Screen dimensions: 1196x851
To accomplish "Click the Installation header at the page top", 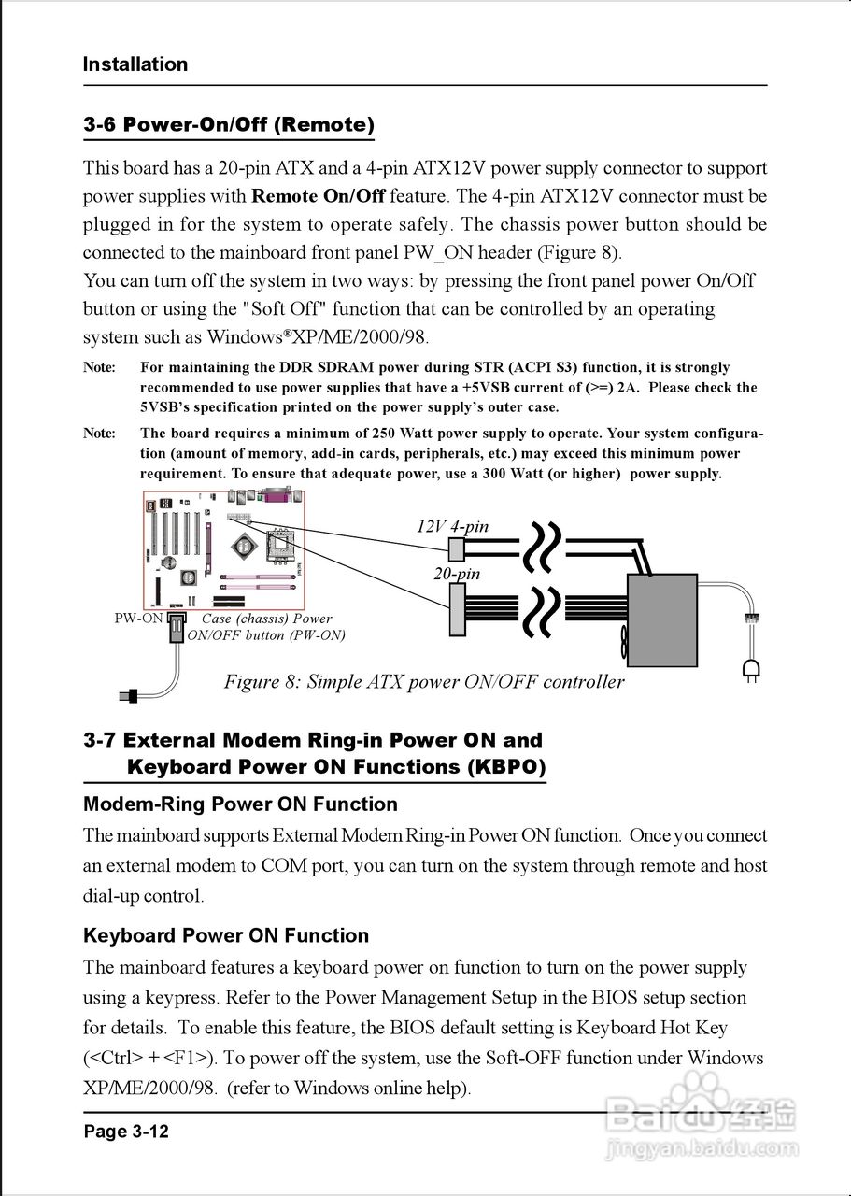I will [135, 64].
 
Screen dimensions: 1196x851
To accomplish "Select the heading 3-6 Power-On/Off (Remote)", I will [229, 124].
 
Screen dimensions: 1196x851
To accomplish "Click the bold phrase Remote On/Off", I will [319, 196].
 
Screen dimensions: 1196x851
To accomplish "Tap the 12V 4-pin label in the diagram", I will [452, 526].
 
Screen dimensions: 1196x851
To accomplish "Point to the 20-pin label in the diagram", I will [457, 573].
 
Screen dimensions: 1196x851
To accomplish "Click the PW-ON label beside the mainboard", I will [138, 619].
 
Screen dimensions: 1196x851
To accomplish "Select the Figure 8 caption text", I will [423, 681].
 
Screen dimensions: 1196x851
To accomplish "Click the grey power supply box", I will [662, 620].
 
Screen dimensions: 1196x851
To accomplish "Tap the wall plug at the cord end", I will [750, 668].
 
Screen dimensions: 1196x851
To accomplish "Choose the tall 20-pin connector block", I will [457, 609].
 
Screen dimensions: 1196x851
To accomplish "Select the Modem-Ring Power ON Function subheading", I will [240, 804].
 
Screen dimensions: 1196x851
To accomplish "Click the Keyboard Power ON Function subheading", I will [226, 936].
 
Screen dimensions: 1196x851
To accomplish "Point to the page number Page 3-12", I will [126, 1132].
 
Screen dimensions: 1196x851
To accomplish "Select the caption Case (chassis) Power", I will [266, 619].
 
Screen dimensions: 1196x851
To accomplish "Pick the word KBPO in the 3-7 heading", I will [505, 767].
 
